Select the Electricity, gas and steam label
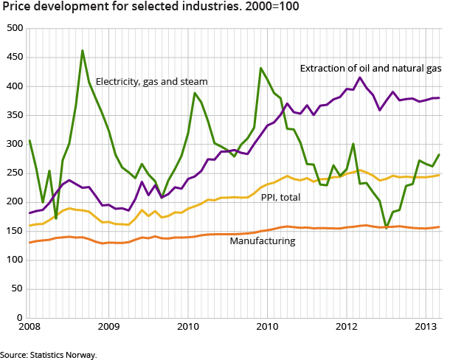coord(151,81)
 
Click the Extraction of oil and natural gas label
coord(370,69)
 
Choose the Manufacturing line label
coord(262,241)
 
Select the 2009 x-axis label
coord(108,327)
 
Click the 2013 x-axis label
coord(424,327)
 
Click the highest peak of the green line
coord(82,50)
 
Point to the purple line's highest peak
coord(360,77)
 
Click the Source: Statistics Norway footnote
coord(48,354)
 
